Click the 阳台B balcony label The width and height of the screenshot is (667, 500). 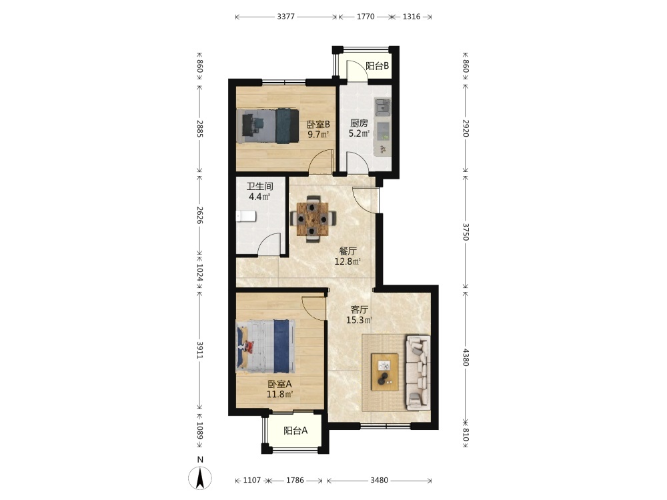377,66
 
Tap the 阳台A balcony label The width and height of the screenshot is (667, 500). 295,431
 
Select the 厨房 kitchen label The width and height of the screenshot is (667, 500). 359,123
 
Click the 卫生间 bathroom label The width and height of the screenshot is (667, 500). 259,186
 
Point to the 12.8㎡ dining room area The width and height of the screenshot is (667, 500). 348,261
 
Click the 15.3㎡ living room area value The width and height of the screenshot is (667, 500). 360,320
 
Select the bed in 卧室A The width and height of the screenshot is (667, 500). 265,346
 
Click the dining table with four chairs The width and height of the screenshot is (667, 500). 313,219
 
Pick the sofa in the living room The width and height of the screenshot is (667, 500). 418,373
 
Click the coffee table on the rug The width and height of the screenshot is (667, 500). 385,372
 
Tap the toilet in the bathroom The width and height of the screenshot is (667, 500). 245,217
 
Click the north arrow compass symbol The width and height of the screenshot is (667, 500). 200,477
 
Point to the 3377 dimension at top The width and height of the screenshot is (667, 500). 286,17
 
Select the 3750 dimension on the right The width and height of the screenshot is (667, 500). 466,232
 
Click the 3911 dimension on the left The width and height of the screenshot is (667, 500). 199,351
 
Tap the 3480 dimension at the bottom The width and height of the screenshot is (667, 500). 379,481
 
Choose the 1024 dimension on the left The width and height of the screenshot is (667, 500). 199,273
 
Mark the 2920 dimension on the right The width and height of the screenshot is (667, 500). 466,128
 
